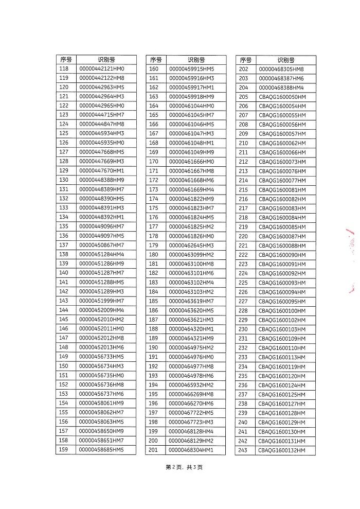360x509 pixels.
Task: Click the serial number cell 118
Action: coord(64,68)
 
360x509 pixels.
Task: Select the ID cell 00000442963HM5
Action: coord(101,87)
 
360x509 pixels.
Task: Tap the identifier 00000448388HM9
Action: coord(101,180)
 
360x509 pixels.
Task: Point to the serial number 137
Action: coord(64,245)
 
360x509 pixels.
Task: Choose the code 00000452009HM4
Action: coord(101,310)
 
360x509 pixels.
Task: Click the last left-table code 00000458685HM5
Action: coord(101,450)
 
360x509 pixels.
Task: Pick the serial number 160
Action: coord(153,68)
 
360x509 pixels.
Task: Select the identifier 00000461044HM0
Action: coord(191,106)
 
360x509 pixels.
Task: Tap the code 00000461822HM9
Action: coord(191,199)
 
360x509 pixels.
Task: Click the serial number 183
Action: coord(153,283)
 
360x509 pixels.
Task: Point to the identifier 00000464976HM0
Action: coord(191,357)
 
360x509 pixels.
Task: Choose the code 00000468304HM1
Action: coord(191,450)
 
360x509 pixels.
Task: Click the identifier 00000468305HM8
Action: coord(281,69)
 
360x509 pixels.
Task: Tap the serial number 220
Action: coord(243,236)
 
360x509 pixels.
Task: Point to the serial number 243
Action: coord(243,450)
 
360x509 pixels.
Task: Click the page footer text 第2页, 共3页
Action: coord(184,467)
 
